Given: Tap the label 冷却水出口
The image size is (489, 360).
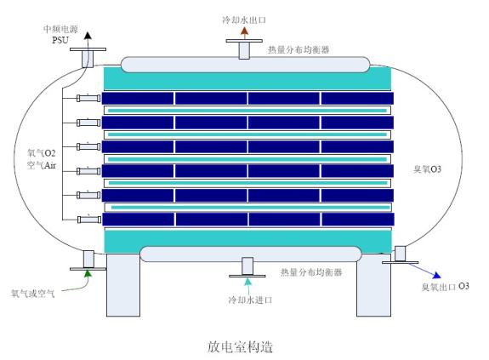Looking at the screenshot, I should coord(244,20).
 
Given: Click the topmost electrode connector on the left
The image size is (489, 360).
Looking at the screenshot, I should coord(87,99).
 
